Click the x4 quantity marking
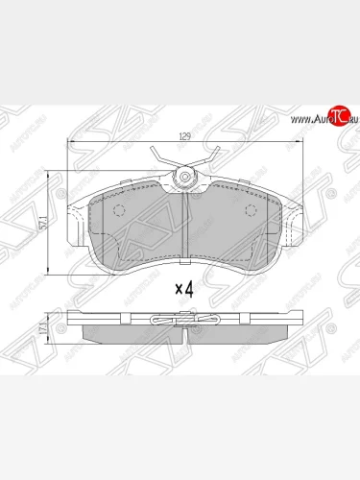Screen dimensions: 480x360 pyautogui.click(x=184, y=287)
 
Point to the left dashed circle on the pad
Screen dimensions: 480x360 pyautogui.click(x=118, y=213)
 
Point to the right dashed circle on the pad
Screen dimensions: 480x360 pyautogui.click(x=252, y=213)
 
